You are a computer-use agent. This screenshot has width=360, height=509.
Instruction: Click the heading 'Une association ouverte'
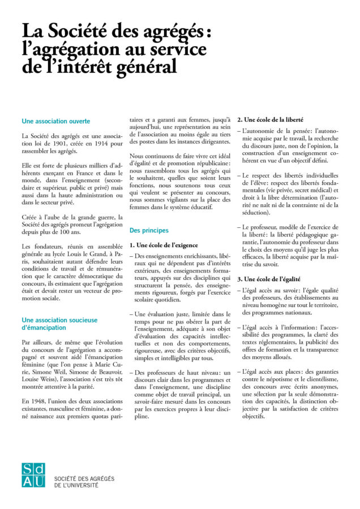pos(55,121)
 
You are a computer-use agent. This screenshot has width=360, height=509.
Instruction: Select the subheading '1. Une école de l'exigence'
pos(164,245)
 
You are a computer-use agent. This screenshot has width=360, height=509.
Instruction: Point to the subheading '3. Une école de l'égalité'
pos(268,279)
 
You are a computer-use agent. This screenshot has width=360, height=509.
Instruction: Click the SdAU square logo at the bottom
pos(33,475)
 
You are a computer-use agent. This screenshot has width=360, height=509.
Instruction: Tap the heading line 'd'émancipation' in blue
pos(46,328)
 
